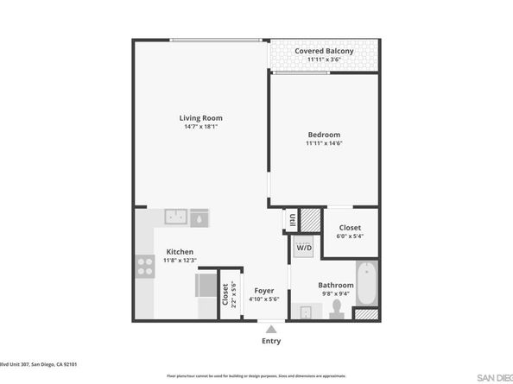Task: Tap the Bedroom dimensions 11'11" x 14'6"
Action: pos(324,145)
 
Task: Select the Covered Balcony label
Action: pos(324,52)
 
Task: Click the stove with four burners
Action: pos(143,266)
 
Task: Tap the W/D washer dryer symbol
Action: pos(304,249)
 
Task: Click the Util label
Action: pos(292,220)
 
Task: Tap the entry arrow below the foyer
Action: pos(271,329)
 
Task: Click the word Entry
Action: pos(271,341)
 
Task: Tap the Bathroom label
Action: pos(335,285)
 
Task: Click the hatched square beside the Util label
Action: pos(307,221)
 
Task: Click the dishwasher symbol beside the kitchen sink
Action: pos(199,217)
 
